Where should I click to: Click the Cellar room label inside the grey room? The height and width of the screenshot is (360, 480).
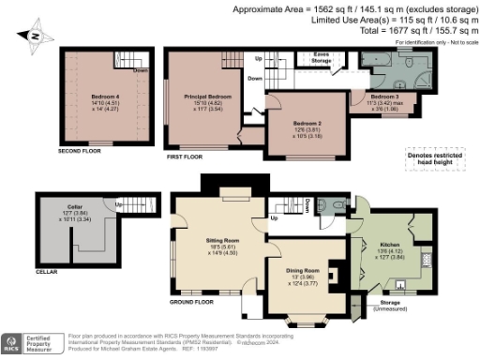[75, 211]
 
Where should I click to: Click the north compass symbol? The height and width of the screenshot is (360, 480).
[35, 37]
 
